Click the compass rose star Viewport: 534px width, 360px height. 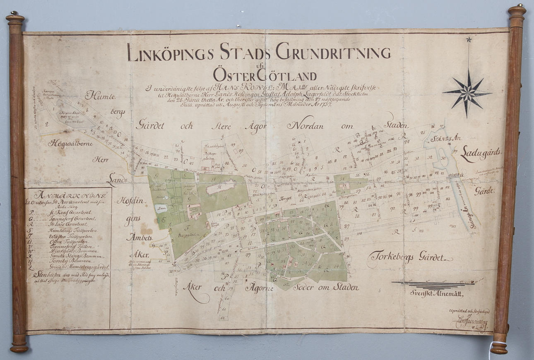coord(467,93)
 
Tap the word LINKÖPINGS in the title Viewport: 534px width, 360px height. coord(170,53)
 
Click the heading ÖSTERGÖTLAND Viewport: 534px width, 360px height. coord(265,76)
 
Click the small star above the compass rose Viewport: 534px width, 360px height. coord(469,40)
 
